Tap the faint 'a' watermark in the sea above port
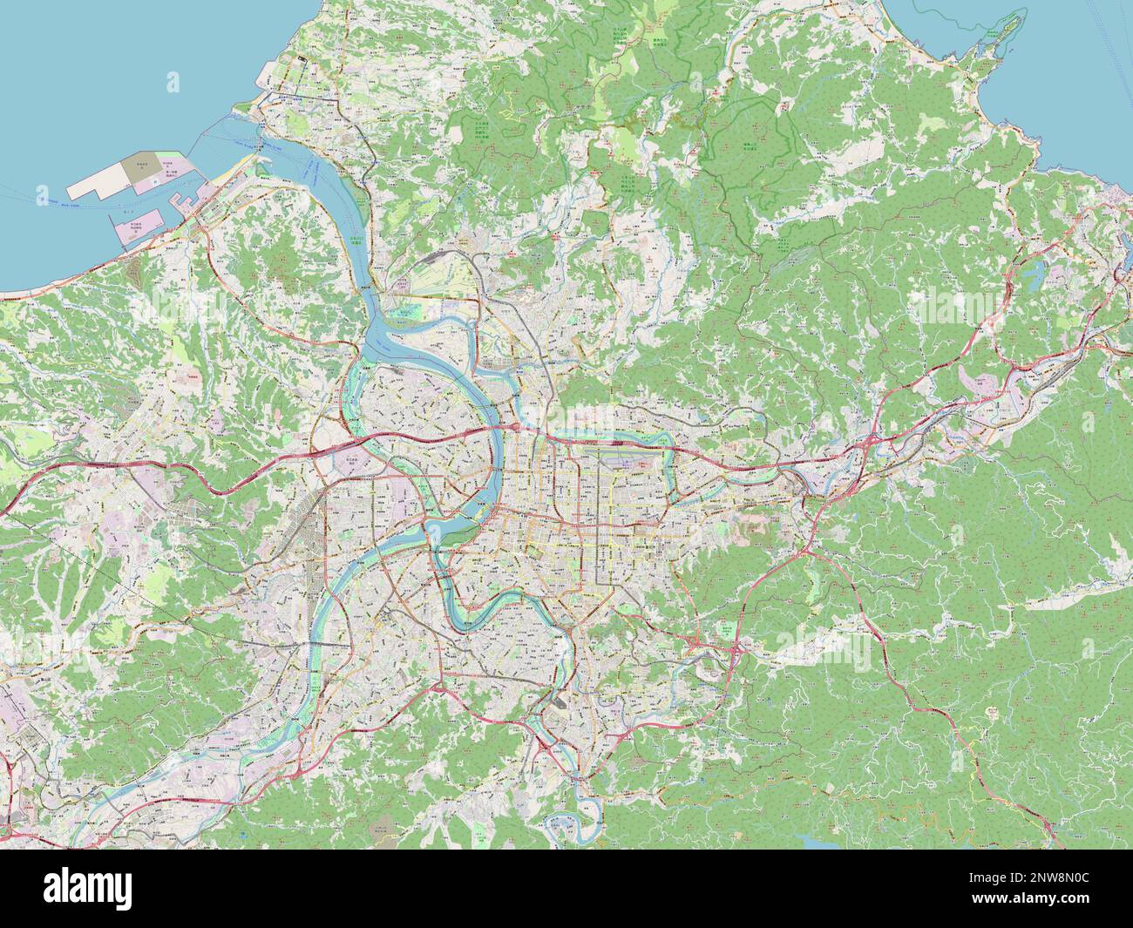pos(173,83)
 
